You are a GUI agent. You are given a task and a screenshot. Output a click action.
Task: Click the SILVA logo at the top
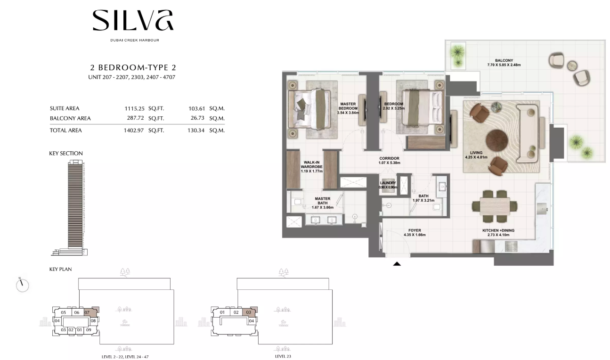pyautogui.click(x=133, y=20)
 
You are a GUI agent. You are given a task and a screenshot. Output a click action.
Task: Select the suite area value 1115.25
pyautogui.click(x=135, y=108)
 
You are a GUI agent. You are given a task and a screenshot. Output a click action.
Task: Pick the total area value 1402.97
pyautogui.click(x=134, y=131)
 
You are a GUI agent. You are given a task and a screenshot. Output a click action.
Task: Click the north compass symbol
pyautogui.click(x=22, y=285)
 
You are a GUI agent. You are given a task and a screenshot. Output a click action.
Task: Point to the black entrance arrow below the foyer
pyautogui.click(x=397, y=263)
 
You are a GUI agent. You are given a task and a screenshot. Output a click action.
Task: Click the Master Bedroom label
pyautogui.click(x=348, y=106)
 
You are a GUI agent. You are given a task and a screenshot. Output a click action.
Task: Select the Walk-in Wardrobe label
pyautogui.click(x=311, y=164)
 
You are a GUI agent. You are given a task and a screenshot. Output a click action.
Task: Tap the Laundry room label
pyautogui.click(x=388, y=183)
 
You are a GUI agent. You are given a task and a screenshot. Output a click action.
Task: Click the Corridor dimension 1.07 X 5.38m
pyautogui.click(x=389, y=163)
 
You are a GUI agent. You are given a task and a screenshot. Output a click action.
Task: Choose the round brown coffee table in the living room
pyautogui.click(x=496, y=140)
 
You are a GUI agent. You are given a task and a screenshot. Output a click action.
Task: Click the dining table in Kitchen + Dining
pyautogui.click(x=495, y=206)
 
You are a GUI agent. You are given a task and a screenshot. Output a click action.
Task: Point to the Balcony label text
pyautogui.click(x=504, y=60)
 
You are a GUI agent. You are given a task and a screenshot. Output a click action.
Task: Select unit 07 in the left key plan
pyautogui.click(x=87, y=312)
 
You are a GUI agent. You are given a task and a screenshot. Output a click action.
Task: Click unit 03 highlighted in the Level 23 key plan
pyautogui.click(x=248, y=312)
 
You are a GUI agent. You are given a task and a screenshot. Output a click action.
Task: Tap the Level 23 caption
pyautogui.click(x=283, y=356)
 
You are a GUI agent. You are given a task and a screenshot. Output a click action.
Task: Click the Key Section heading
pyautogui.click(x=66, y=153)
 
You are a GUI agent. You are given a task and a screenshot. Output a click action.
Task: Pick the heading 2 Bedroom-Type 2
pyautogui.click(x=133, y=67)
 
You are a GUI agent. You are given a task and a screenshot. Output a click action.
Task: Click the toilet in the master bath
pyautogui.click(x=297, y=202)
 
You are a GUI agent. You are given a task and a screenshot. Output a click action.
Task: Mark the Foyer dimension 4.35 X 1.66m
pyautogui.click(x=415, y=235)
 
